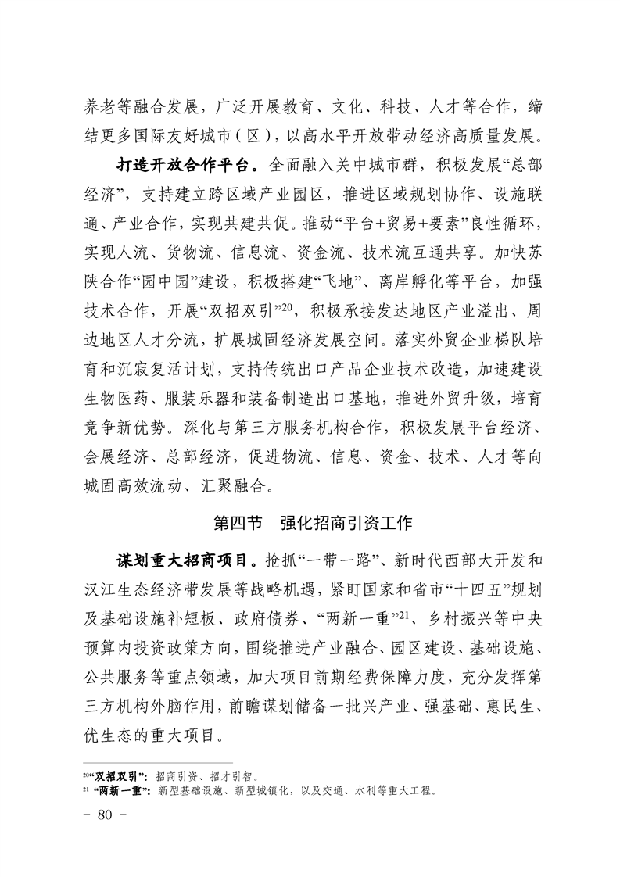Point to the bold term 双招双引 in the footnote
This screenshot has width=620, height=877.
(117, 777)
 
